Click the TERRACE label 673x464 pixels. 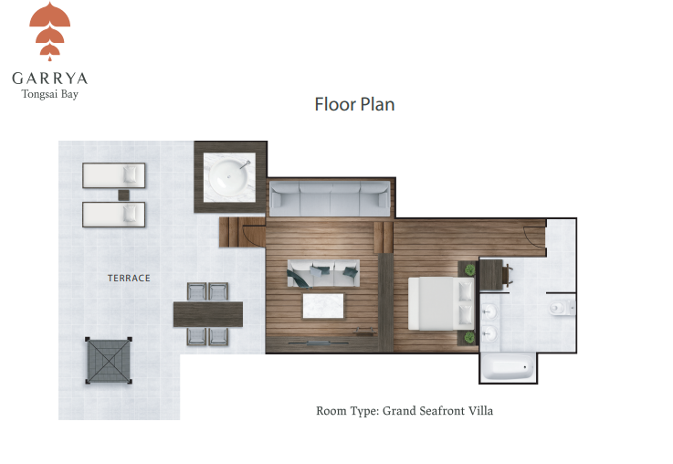point(129,279)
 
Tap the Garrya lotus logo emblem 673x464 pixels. point(50,31)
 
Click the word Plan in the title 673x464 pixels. point(377,105)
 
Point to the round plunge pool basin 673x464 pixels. point(229,176)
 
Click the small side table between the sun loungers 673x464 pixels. point(123,195)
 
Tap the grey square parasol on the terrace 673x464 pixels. point(109,360)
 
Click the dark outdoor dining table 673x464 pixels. point(208,314)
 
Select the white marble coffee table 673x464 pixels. point(323,306)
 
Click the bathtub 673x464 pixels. point(508,369)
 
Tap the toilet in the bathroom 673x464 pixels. point(562,307)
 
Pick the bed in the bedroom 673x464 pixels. point(441,303)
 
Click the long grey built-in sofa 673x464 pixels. point(330,199)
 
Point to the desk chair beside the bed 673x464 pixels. point(509,275)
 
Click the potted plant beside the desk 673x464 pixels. point(470,270)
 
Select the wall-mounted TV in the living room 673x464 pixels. point(318,343)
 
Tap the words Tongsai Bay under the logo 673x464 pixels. point(50,94)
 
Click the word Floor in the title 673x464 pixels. point(335,105)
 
